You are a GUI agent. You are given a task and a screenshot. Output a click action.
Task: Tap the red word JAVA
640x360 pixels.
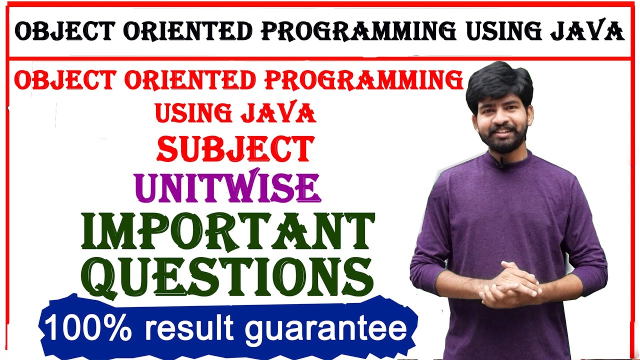pyautogui.click(x=278, y=113)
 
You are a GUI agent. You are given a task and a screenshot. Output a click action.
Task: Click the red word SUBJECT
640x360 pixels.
pyautogui.click(x=235, y=149)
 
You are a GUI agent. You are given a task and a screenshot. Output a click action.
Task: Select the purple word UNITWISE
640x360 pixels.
pyautogui.click(x=227, y=187)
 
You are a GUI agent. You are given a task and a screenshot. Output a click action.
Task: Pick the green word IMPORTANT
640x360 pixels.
pyautogui.click(x=228, y=232)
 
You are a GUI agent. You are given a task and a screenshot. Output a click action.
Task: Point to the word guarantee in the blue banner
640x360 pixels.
pyautogui.click(x=326, y=328)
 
